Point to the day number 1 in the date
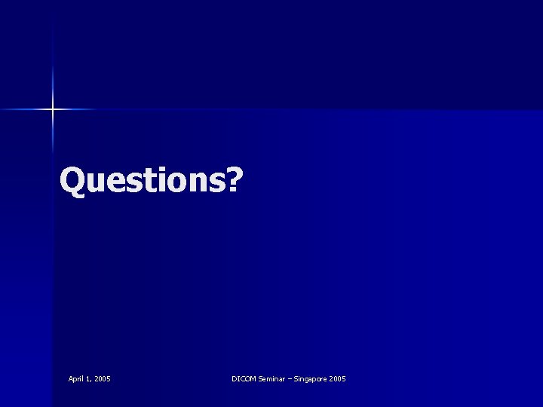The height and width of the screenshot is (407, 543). tap(90, 378)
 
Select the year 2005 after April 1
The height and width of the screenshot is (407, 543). tap(103, 378)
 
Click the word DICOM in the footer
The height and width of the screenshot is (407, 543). tap(244, 378)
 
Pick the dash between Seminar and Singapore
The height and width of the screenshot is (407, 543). tap(292, 378)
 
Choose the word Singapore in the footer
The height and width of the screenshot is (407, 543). tap(311, 378)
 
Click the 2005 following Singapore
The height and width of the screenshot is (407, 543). tap(338, 378)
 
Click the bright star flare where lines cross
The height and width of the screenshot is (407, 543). tap(53, 110)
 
